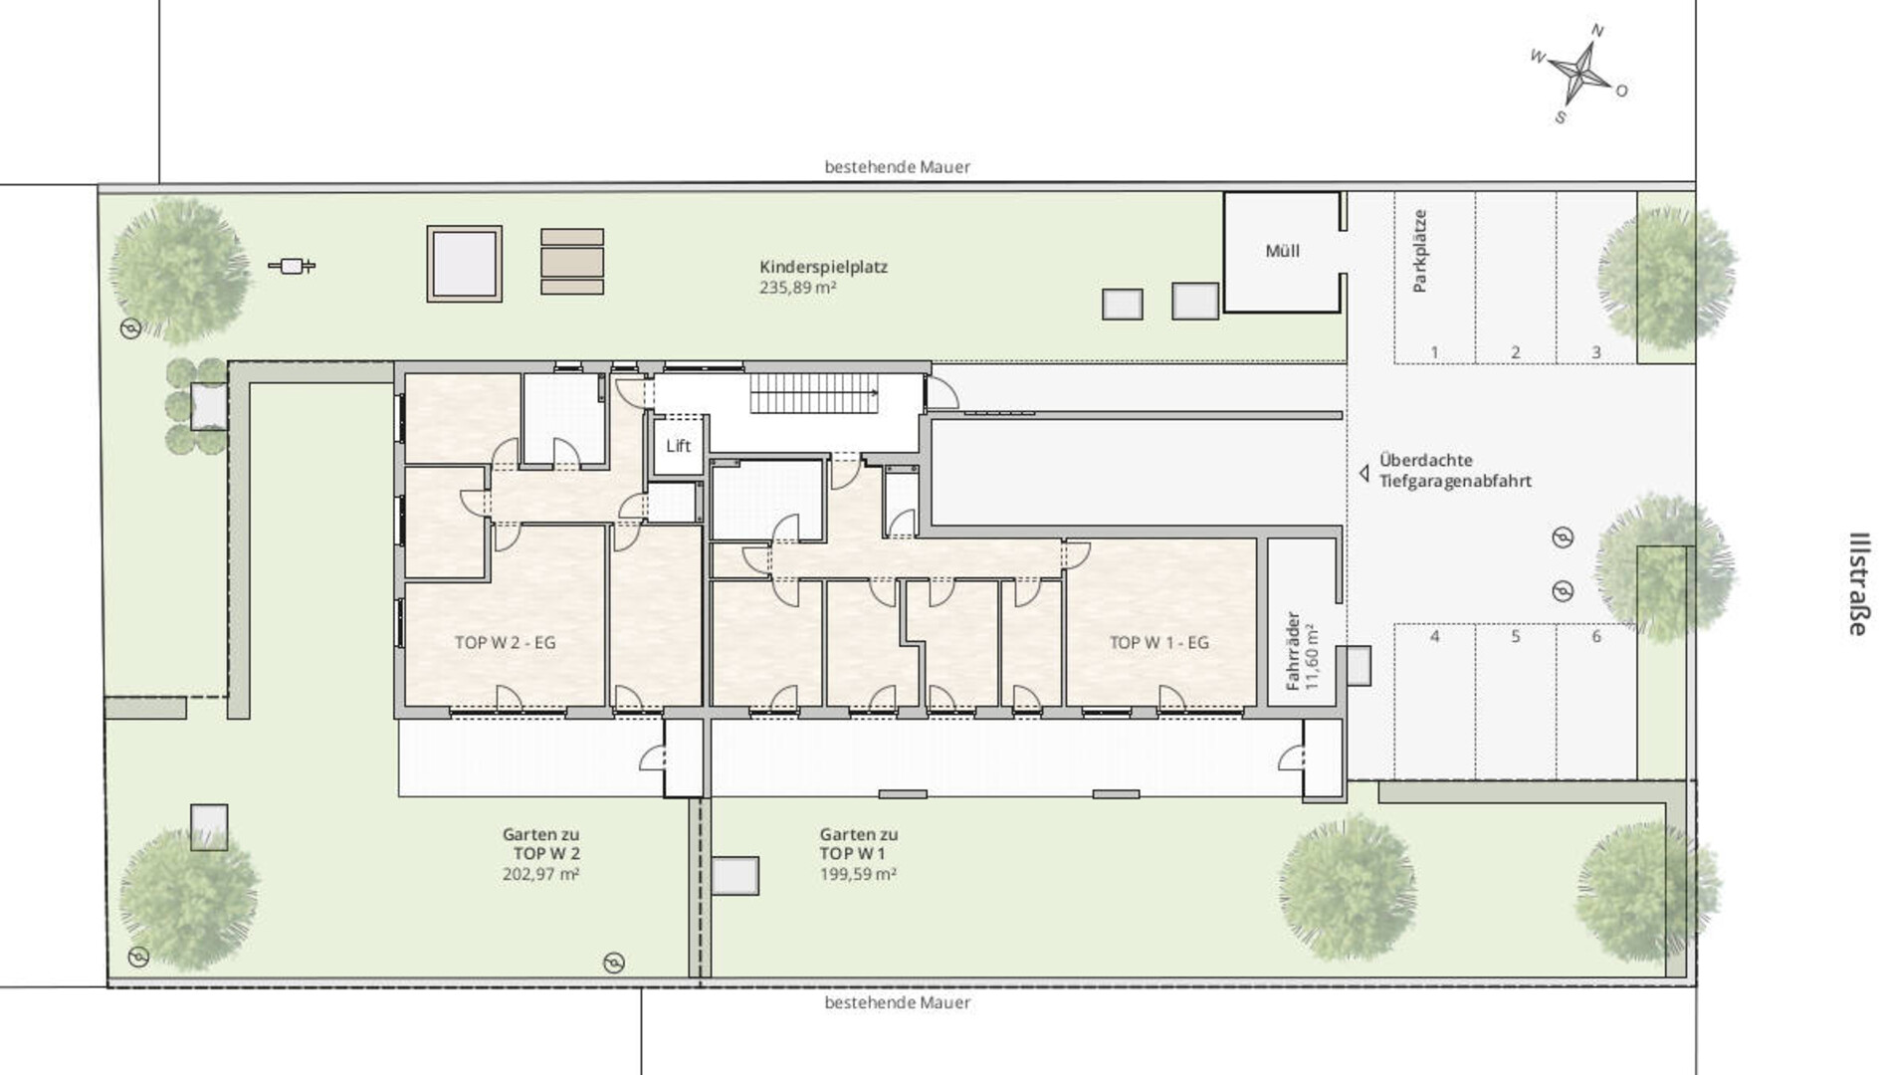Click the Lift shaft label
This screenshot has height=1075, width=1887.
[x=678, y=446]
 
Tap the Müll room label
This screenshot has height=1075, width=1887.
[x=1282, y=251]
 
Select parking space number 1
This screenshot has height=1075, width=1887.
[x=1434, y=352]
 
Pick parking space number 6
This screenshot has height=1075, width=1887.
[x=1596, y=636]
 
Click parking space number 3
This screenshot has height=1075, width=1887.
[x=1596, y=352]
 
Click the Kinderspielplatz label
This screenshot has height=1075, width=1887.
[x=823, y=267]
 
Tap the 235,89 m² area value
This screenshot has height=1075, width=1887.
[x=797, y=288]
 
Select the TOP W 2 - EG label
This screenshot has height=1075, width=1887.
[x=505, y=643]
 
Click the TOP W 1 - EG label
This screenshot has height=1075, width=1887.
[x=1158, y=643]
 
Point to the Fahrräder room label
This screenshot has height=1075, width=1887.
[x=1293, y=651]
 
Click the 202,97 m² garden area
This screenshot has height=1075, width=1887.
[x=540, y=875]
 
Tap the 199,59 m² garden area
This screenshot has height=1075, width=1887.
[x=858, y=875]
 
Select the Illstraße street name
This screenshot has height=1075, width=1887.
[x=1857, y=584]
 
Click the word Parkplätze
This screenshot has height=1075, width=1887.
[x=1419, y=251]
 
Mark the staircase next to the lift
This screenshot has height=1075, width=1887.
[x=815, y=393]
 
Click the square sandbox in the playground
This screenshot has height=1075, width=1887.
[x=464, y=264]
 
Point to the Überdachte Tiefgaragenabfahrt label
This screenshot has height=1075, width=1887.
[x=1454, y=471]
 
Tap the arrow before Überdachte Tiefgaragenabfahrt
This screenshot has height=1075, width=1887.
[x=1364, y=474]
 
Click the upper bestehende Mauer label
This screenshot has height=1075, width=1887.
[x=897, y=167]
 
